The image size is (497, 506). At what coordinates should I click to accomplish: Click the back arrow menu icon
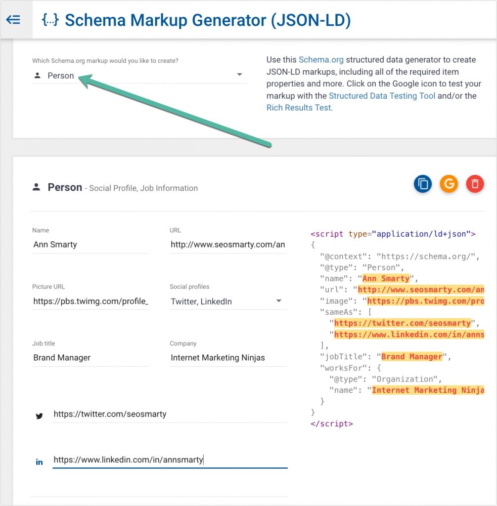(13, 20)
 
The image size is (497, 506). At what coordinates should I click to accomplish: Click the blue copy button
(423, 184)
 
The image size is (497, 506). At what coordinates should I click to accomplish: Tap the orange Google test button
(449, 184)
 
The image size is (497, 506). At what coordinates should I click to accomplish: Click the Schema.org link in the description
(321, 60)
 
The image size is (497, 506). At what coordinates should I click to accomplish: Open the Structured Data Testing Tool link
(382, 96)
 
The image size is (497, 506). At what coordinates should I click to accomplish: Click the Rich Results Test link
(299, 108)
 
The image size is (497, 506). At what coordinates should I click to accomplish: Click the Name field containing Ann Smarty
(90, 245)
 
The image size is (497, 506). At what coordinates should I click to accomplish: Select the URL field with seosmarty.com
(228, 245)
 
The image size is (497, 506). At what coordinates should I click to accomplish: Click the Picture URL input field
(90, 301)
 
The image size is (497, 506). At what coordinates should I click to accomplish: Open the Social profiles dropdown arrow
(279, 301)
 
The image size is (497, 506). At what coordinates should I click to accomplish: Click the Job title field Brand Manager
(90, 358)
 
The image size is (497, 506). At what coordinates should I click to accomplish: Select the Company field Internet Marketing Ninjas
(228, 358)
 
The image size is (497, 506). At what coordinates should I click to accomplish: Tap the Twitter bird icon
(40, 416)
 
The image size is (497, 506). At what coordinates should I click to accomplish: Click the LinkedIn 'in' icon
(40, 462)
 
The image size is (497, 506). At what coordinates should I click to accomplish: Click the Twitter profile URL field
(170, 415)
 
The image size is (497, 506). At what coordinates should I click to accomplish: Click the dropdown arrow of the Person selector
(239, 75)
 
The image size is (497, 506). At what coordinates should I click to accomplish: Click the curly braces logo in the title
(50, 20)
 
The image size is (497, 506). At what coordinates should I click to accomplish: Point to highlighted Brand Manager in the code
(412, 357)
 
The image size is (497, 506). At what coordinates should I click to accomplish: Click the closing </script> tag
(332, 423)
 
